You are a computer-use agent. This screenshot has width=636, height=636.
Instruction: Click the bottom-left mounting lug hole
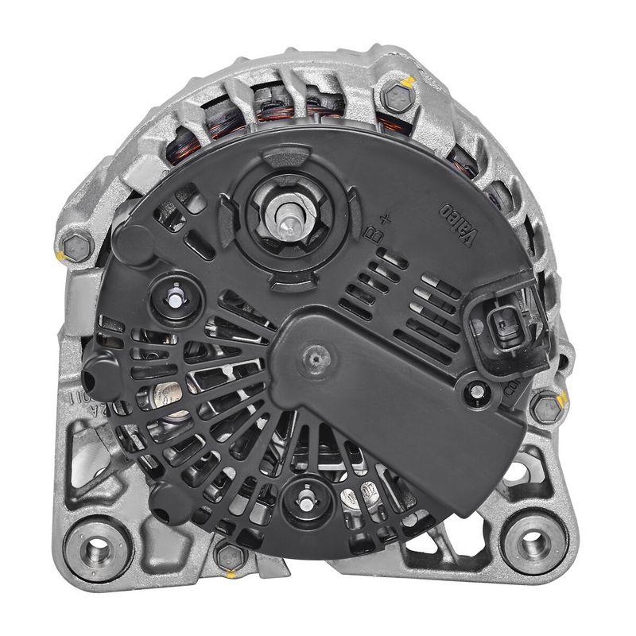coord(99,546)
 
